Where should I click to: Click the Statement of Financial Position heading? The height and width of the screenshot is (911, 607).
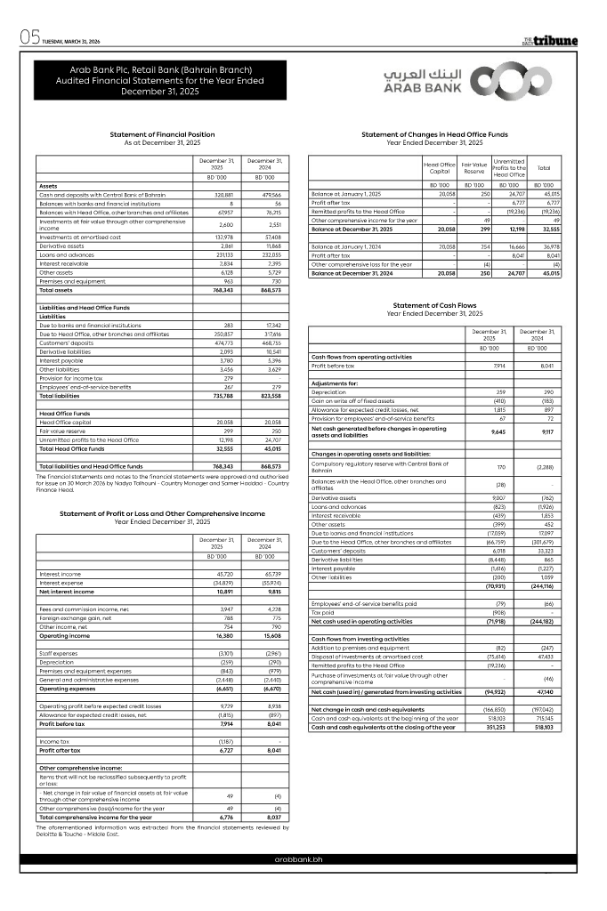coord(162,134)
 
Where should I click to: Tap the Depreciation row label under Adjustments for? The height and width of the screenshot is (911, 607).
coord(328,391)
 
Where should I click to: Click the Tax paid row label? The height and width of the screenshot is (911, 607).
coord(321,612)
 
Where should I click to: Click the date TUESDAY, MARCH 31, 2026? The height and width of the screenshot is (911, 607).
coord(70,42)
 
